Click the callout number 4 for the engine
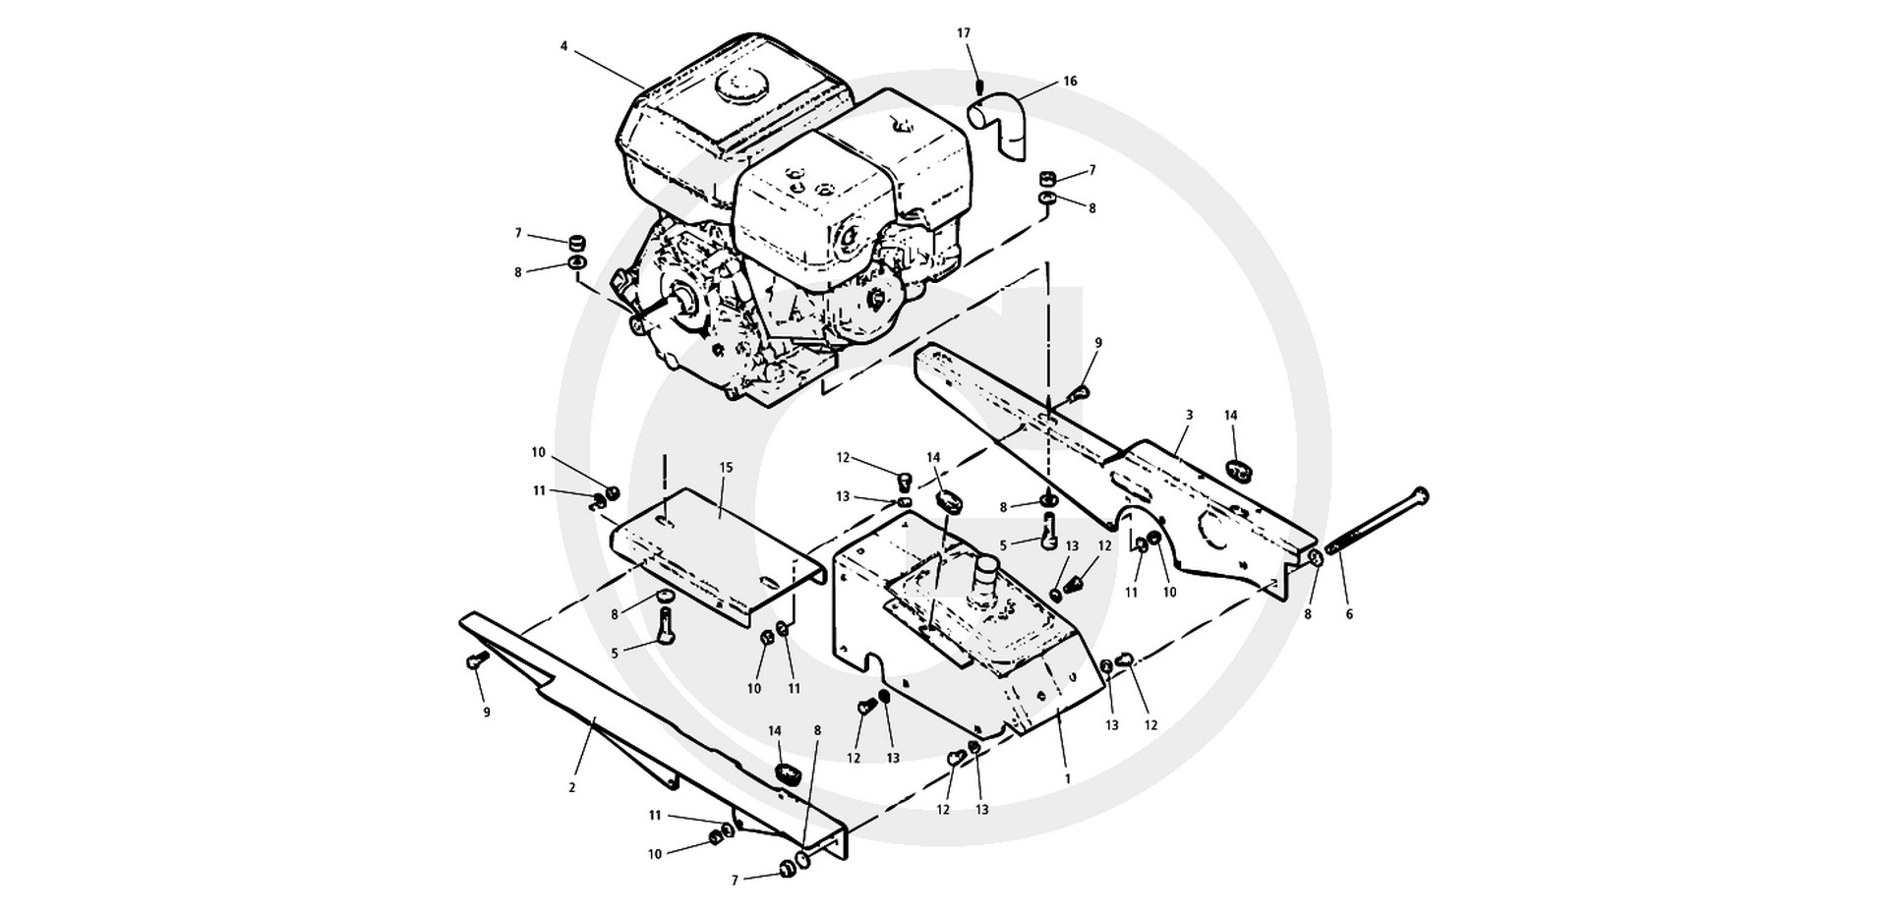(564, 45)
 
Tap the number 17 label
(965, 33)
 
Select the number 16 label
(1070, 82)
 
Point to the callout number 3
(1189, 416)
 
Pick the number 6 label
(1349, 615)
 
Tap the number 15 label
(727, 468)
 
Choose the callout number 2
(571, 788)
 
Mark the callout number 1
(1068, 778)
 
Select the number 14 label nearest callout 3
(1230, 416)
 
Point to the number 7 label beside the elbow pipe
(1091, 170)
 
